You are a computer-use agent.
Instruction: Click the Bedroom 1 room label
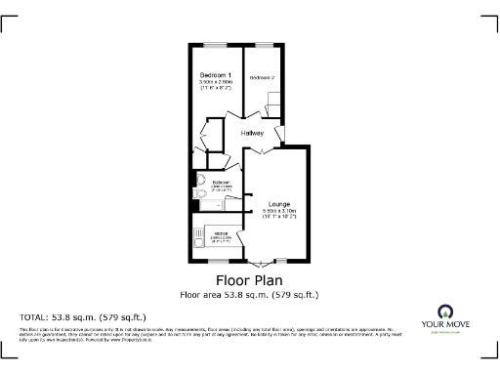pyautogui.click(x=216, y=76)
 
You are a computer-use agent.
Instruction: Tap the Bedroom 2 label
pyautogui.click(x=262, y=77)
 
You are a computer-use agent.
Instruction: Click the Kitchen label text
pyautogui.click(x=221, y=232)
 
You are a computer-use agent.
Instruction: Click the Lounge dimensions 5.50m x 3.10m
pyautogui.click(x=277, y=212)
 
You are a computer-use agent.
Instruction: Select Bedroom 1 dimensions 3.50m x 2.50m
pyautogui.click(x=216, y=83)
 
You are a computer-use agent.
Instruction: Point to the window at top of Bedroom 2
pyautogui.click(x=264, y=43)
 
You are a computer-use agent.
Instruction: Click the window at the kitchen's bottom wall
pyautogui.click(x=217, y=262)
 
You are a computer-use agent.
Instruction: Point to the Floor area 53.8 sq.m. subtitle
pyautogui.click(x=249, y=294)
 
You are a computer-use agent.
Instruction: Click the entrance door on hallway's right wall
pyautogui.click(x=280, y=132)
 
